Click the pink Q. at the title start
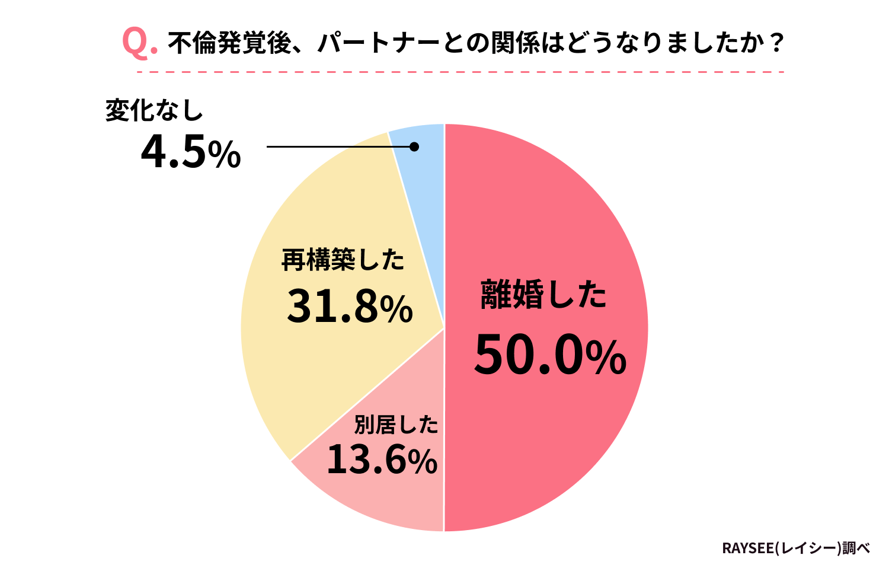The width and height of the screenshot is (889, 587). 139,43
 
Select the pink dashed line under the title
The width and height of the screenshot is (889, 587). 461,72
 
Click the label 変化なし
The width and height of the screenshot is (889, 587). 154,110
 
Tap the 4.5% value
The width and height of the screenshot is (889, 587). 190,152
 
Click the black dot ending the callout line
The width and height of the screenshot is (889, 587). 414,146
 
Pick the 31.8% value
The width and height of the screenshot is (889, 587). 349,307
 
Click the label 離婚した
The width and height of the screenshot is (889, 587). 543,294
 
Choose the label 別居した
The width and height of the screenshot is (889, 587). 396,425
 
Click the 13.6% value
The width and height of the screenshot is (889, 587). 382,460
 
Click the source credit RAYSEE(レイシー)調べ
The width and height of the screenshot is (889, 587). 796,548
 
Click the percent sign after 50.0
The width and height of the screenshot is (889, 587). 606,358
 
